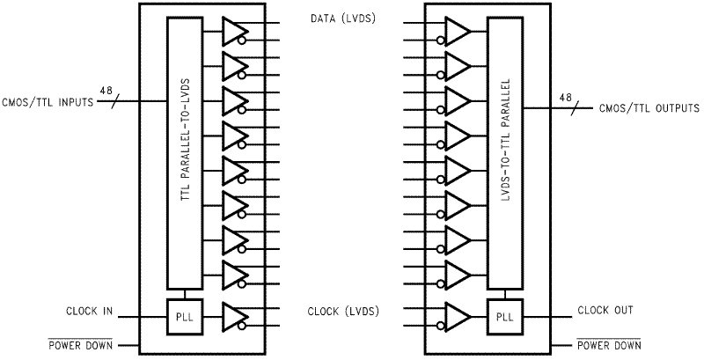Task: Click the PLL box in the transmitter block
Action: (184, 315)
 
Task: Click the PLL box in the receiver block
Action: (502, 315)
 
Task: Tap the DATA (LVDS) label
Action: (342, 18)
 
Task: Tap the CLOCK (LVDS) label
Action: (342, 311)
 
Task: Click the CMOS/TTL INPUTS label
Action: (48, 102)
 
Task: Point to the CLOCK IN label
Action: (89, 311)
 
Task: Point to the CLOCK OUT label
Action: (606, 311)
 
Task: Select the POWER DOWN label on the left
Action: (80, 346)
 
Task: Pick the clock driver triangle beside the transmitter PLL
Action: (235, 315)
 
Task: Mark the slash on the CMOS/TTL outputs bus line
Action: (576, 108)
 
